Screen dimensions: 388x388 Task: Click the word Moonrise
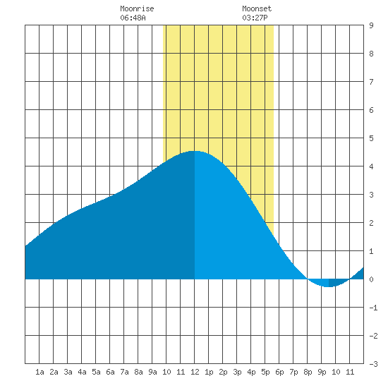point(137,8)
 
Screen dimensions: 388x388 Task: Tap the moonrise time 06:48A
point(133,18)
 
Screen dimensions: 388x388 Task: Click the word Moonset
point(257,8)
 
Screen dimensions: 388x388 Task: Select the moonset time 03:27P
point(255,18)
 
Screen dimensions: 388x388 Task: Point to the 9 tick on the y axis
point(371,25)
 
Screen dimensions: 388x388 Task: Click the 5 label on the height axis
point(371,138)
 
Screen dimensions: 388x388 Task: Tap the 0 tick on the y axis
point(371,279)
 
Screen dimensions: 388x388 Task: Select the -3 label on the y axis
point(373,364)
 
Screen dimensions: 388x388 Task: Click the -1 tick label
point(373,308)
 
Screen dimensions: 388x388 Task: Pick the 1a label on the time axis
point(40,372)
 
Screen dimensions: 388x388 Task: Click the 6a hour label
point(110,372)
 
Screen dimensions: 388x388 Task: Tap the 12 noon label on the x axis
point(195,372)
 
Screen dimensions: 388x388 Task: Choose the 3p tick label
point(237,372)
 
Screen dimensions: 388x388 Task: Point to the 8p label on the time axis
point(308,372)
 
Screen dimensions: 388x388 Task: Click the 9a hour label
point(152,372)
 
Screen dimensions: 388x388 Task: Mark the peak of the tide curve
point(195,151)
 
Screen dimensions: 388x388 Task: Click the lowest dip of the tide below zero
point(329,287)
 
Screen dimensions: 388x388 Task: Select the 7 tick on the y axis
point(371,82)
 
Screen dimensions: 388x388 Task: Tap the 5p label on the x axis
point(265,372)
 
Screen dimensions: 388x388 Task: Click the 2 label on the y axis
point(371,223)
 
